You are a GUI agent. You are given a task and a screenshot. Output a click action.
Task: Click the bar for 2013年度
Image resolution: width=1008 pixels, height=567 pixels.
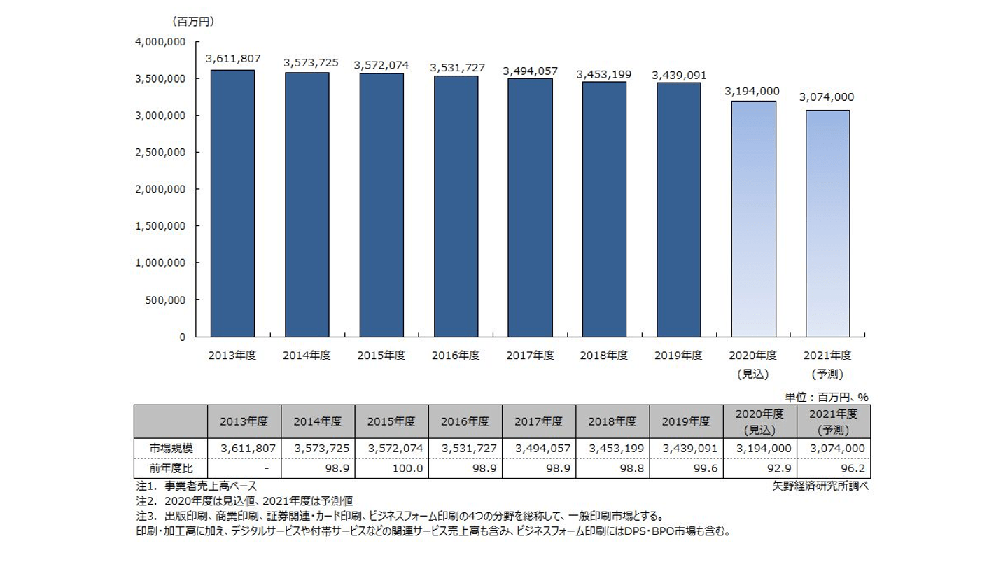click(x=232, y=203)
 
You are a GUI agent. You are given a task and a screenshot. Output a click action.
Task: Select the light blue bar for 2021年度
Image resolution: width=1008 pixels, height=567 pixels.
click(x=827, y=223)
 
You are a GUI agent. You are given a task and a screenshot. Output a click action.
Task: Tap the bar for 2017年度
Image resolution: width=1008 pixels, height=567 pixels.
click(x=530, y=207)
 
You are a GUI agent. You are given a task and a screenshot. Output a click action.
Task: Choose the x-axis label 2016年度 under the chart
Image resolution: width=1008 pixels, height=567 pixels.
click(x=456, y=356)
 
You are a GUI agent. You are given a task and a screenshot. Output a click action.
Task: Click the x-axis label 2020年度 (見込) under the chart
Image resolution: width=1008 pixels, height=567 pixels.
click(x=753, y=364)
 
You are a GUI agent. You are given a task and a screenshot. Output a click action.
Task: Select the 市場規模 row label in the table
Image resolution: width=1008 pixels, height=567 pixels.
click(x=170, y=448)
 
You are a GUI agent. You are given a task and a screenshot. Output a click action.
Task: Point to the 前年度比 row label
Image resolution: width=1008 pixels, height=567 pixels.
click(x=170, y=468)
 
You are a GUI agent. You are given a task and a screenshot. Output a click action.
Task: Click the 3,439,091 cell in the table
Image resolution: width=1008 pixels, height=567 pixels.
click(x=686, y=448)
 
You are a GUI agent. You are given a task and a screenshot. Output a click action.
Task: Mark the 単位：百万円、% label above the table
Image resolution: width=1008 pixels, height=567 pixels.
click(x=826, y=397)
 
